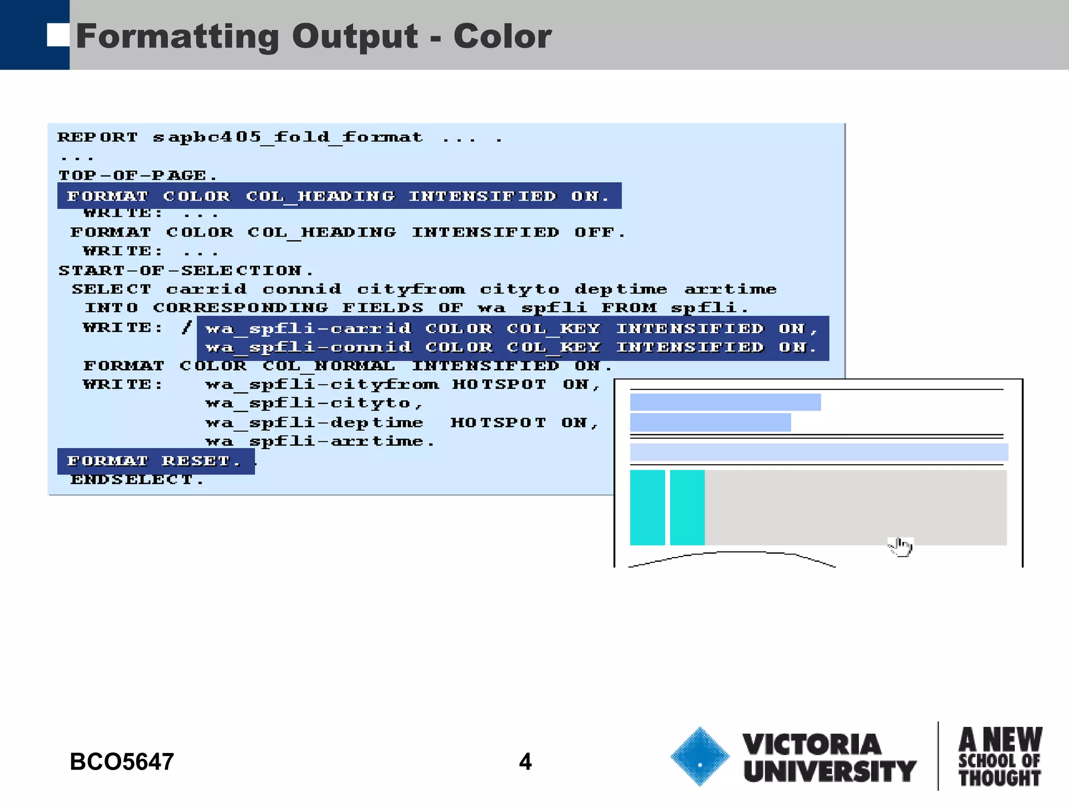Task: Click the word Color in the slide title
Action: [502, 37]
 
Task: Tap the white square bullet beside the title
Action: [57, 35]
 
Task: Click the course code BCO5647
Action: [122, 762]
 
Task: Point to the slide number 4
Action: [525, 762]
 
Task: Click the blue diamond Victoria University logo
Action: [699, 756]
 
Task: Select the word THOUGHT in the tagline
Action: [1000, 778]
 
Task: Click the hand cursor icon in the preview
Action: [900, 547]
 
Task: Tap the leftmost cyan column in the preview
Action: [647, 508]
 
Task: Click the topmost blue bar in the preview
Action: [725, 402]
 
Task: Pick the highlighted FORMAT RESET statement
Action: [155, 461]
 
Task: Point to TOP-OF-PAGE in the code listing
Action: [137, 175]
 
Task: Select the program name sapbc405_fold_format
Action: [288, 137]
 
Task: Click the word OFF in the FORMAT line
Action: [599, 232]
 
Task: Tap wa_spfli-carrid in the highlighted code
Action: [308, 328]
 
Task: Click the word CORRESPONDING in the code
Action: [241, 308]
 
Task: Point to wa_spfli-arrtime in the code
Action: [319, 442]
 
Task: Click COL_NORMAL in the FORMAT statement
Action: [328, 366]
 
